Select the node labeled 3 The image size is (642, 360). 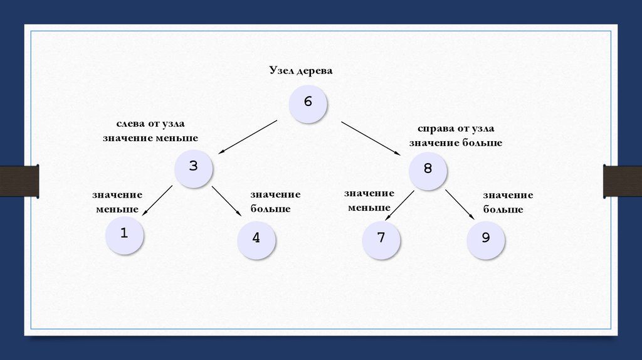[193, 167]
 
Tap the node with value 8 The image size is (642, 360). [428, 169]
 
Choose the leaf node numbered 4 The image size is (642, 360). [256, 240]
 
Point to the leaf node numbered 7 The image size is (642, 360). [381, 240]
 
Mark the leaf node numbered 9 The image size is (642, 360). [485, 240]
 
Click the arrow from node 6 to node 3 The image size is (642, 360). [248, 136]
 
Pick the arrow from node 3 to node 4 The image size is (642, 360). [226, 201]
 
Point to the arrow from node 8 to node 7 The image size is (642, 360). [399, 205]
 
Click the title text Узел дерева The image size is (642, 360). [301, 71]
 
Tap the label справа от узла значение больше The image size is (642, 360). [456, 136]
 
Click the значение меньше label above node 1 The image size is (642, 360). [117, 201]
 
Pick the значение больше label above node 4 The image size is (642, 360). [275, 201]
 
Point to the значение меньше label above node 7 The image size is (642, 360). [369, 200]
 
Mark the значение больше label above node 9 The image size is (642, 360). [508, 203]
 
